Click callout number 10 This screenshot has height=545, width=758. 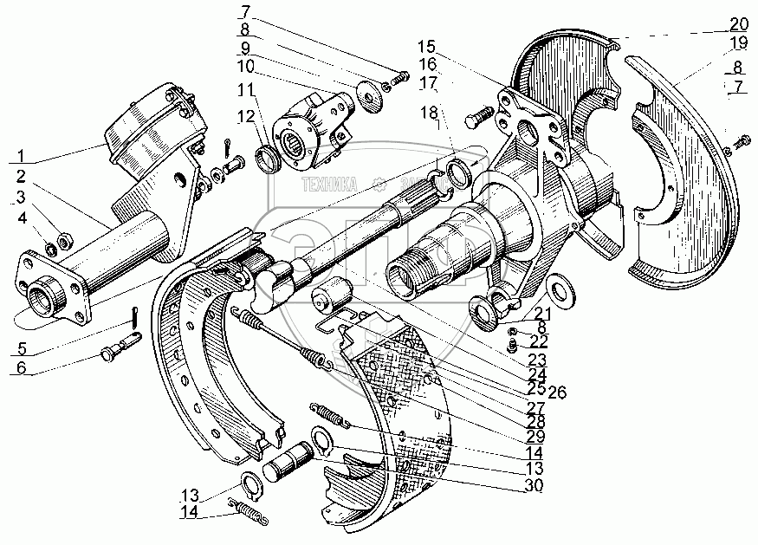pos(246,67)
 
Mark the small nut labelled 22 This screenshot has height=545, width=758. pos(513,346)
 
